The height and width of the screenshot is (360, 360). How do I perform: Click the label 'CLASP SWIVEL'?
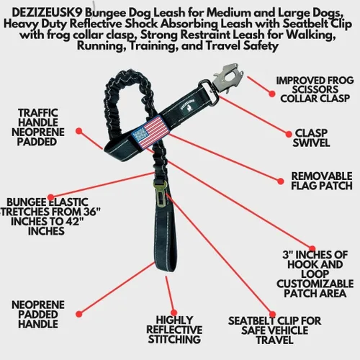pyautogui.click(x=311, y=138)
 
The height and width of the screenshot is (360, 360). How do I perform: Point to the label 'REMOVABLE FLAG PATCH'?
pyautogui.click(x=322, y=181)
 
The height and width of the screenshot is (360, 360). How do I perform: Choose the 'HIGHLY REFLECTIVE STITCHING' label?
pyautogui.click(x=174, y=330)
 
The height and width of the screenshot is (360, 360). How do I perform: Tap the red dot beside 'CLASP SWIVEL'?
pyautogui.click(x=289, y=134)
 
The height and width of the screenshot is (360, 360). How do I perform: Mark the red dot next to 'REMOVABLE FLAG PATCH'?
pyautogui.click(x=281, y=181)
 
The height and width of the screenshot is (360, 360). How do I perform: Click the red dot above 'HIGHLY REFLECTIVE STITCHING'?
pyautogui.click(x=174, y=312)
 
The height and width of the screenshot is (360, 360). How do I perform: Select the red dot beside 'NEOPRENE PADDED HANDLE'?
pyautogui.click(x=79, y=314)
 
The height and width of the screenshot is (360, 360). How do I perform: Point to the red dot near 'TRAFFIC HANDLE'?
pyautogui.click(x=79, y=131)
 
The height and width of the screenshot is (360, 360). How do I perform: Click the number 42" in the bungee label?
pyautogui.click(x=74, y=221)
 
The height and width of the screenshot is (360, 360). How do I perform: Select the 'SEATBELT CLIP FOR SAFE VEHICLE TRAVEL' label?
pyautogui.click(x=274, y=330)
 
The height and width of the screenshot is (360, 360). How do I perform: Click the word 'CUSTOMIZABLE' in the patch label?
pyautogui.click(x=315, y=284)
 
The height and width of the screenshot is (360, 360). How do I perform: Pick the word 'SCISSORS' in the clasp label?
pyautogui.click(x=315, y=89)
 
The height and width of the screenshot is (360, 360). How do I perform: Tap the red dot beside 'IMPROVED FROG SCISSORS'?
pyautogui.click(x=271, y=94)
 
